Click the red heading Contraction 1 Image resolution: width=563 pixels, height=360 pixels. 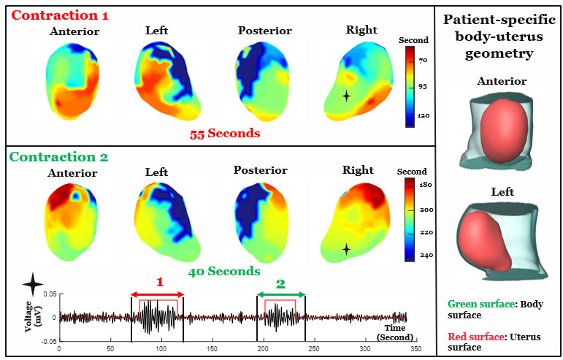tap(54, 15)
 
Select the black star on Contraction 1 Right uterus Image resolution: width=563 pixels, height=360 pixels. tap(346, 95)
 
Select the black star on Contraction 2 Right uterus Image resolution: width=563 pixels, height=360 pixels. tap(346, 249)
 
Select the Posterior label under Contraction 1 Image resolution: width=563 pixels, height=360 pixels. tap(264, 31)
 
